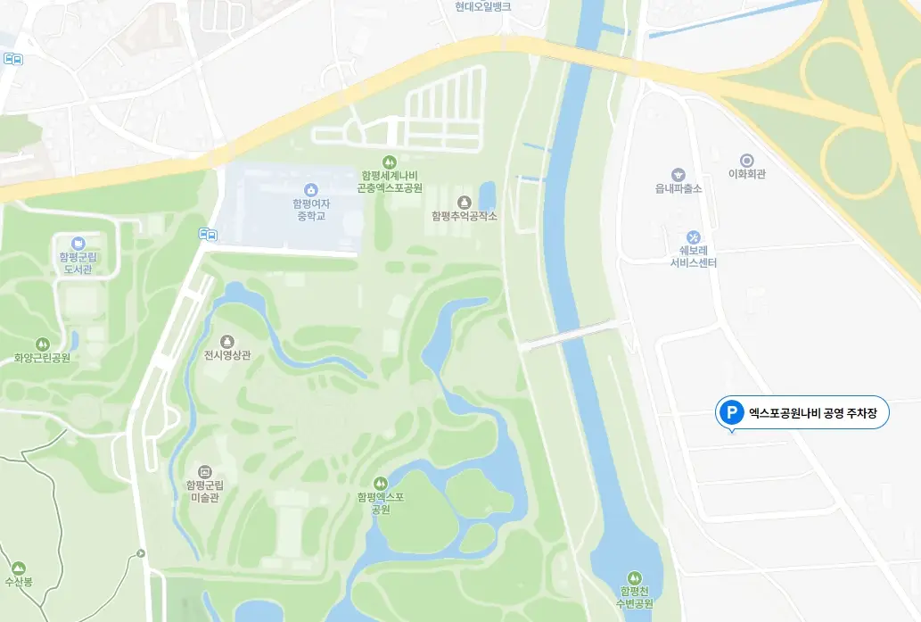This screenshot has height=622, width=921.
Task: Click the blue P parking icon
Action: tap(731, 412)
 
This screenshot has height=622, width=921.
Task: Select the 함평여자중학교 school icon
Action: tap(310, 189)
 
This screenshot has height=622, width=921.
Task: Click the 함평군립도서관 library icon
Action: tap(77, 243)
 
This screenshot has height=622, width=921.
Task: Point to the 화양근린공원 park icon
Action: tap(42, 344)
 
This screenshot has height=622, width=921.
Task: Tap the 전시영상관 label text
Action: tap(227, 355)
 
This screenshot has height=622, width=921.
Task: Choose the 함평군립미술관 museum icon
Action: tap(204, 471)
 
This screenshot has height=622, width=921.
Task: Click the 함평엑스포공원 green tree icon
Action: tap(381, 483)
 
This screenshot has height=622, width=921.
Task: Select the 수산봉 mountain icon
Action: tap(19, 568)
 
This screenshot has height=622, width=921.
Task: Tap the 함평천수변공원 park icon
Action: tap(634, 576)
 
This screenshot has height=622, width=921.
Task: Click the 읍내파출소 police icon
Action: tap(678, 175)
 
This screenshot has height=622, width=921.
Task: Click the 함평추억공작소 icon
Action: tap(464, 202)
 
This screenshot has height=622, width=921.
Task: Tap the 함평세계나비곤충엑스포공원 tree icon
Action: tap(389, 162)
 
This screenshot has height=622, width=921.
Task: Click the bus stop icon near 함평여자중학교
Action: tap(208, 235)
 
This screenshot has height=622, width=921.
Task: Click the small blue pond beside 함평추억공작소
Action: tap(487, 195)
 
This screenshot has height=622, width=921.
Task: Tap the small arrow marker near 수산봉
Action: tap(141, 554)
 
